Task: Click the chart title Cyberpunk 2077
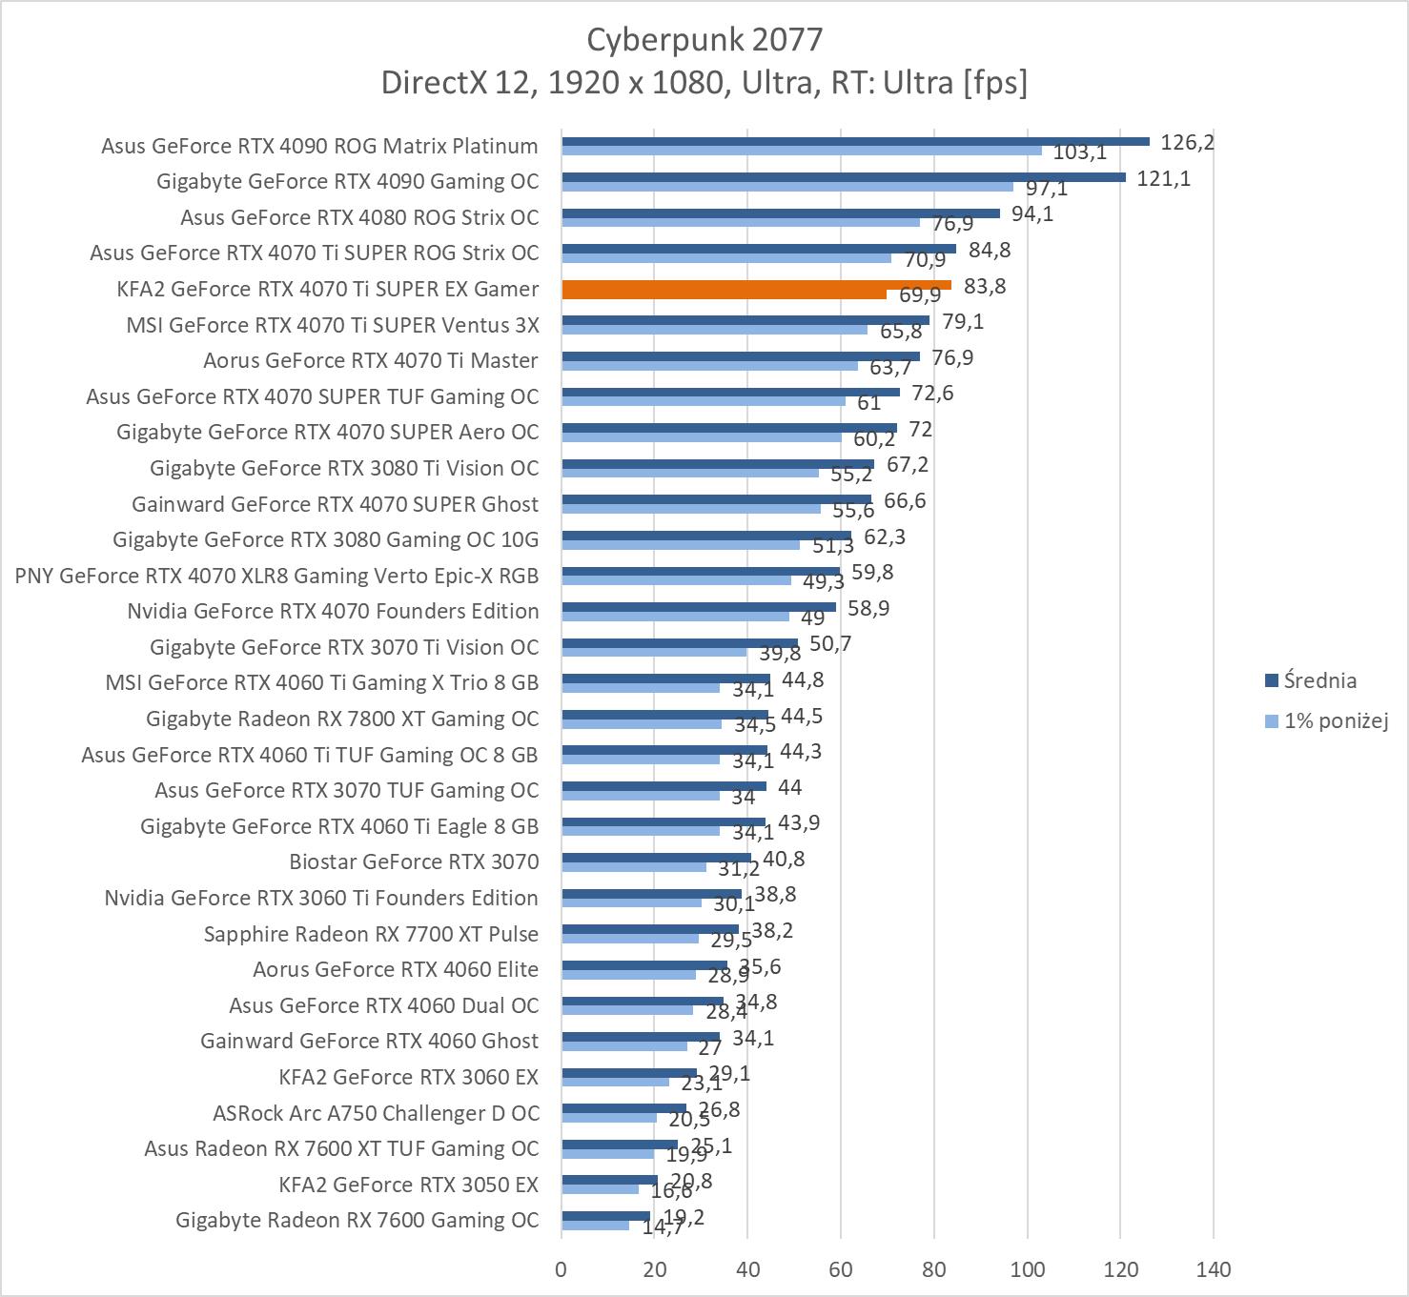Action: point(704,39)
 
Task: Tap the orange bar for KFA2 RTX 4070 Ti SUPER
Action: point(756,285)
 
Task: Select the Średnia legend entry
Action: point(1319,680)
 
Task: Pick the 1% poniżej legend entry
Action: point(1335,720)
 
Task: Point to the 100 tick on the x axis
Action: point(1028,1269)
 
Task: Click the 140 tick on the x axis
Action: point(1214,1269)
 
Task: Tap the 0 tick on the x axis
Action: point(562,1269)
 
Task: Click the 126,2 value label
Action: point(1187,143)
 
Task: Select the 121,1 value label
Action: point(1163,178)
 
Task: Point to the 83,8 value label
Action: point(985,286)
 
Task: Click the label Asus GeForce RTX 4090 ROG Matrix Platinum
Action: point(319,146)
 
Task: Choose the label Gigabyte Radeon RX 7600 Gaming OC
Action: point(357,1220)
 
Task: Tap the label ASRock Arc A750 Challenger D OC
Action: point(376,1113)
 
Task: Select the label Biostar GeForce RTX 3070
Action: point(414,861)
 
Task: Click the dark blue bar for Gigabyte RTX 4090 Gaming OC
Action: point(844,176)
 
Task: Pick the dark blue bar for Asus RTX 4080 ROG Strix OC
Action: point(781,213)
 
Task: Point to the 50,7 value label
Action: point(830,644)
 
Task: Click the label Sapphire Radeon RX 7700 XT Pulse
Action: point(371,934)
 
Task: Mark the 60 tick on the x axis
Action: point(841,1269)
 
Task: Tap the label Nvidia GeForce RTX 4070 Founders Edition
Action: point(333,611)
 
